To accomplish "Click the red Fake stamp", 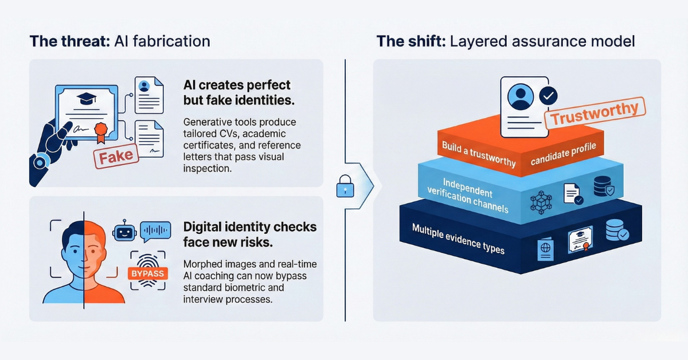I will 116,155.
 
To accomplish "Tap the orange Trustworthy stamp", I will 593,113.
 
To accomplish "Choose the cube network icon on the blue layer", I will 540,202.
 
